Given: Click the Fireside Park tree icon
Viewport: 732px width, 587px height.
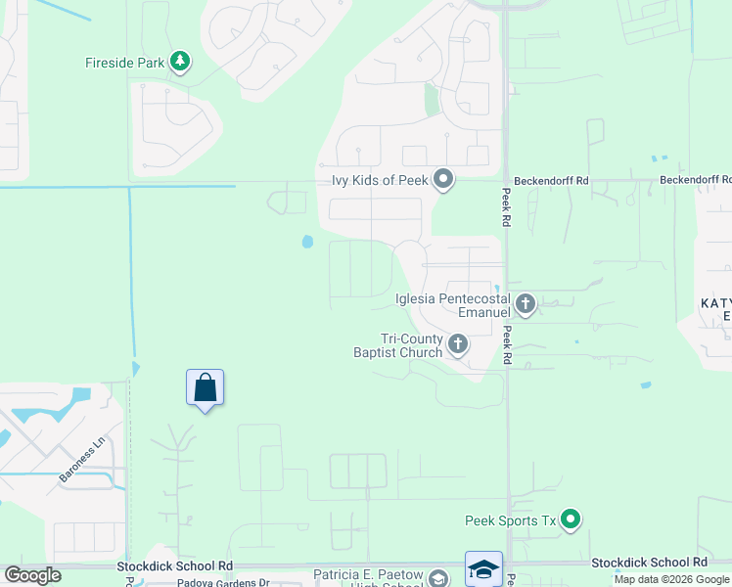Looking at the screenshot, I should pos(180,63).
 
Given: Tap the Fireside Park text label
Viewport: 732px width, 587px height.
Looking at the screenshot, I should pos(124,63).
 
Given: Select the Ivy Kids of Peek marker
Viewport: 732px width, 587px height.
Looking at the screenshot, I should pos(443,179).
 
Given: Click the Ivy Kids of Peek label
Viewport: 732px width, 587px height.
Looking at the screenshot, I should pos(375,180).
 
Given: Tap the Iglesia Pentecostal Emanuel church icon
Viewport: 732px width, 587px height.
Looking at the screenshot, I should pos(526,304).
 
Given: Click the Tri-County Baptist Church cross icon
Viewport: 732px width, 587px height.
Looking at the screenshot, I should pos(458,343).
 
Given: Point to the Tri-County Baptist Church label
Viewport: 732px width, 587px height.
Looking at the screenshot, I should pos(398,344).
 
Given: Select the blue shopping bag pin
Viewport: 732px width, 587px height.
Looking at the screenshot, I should pos(205,388).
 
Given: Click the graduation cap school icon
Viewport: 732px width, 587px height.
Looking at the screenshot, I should pos(483,568).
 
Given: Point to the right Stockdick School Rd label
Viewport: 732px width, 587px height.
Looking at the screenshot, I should pos(649,563).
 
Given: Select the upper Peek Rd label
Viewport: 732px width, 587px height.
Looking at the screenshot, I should pos(507,207).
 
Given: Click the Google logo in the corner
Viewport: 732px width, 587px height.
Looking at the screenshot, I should pos(33,575).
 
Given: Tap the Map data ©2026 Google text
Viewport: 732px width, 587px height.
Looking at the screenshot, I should pos(671,579).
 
